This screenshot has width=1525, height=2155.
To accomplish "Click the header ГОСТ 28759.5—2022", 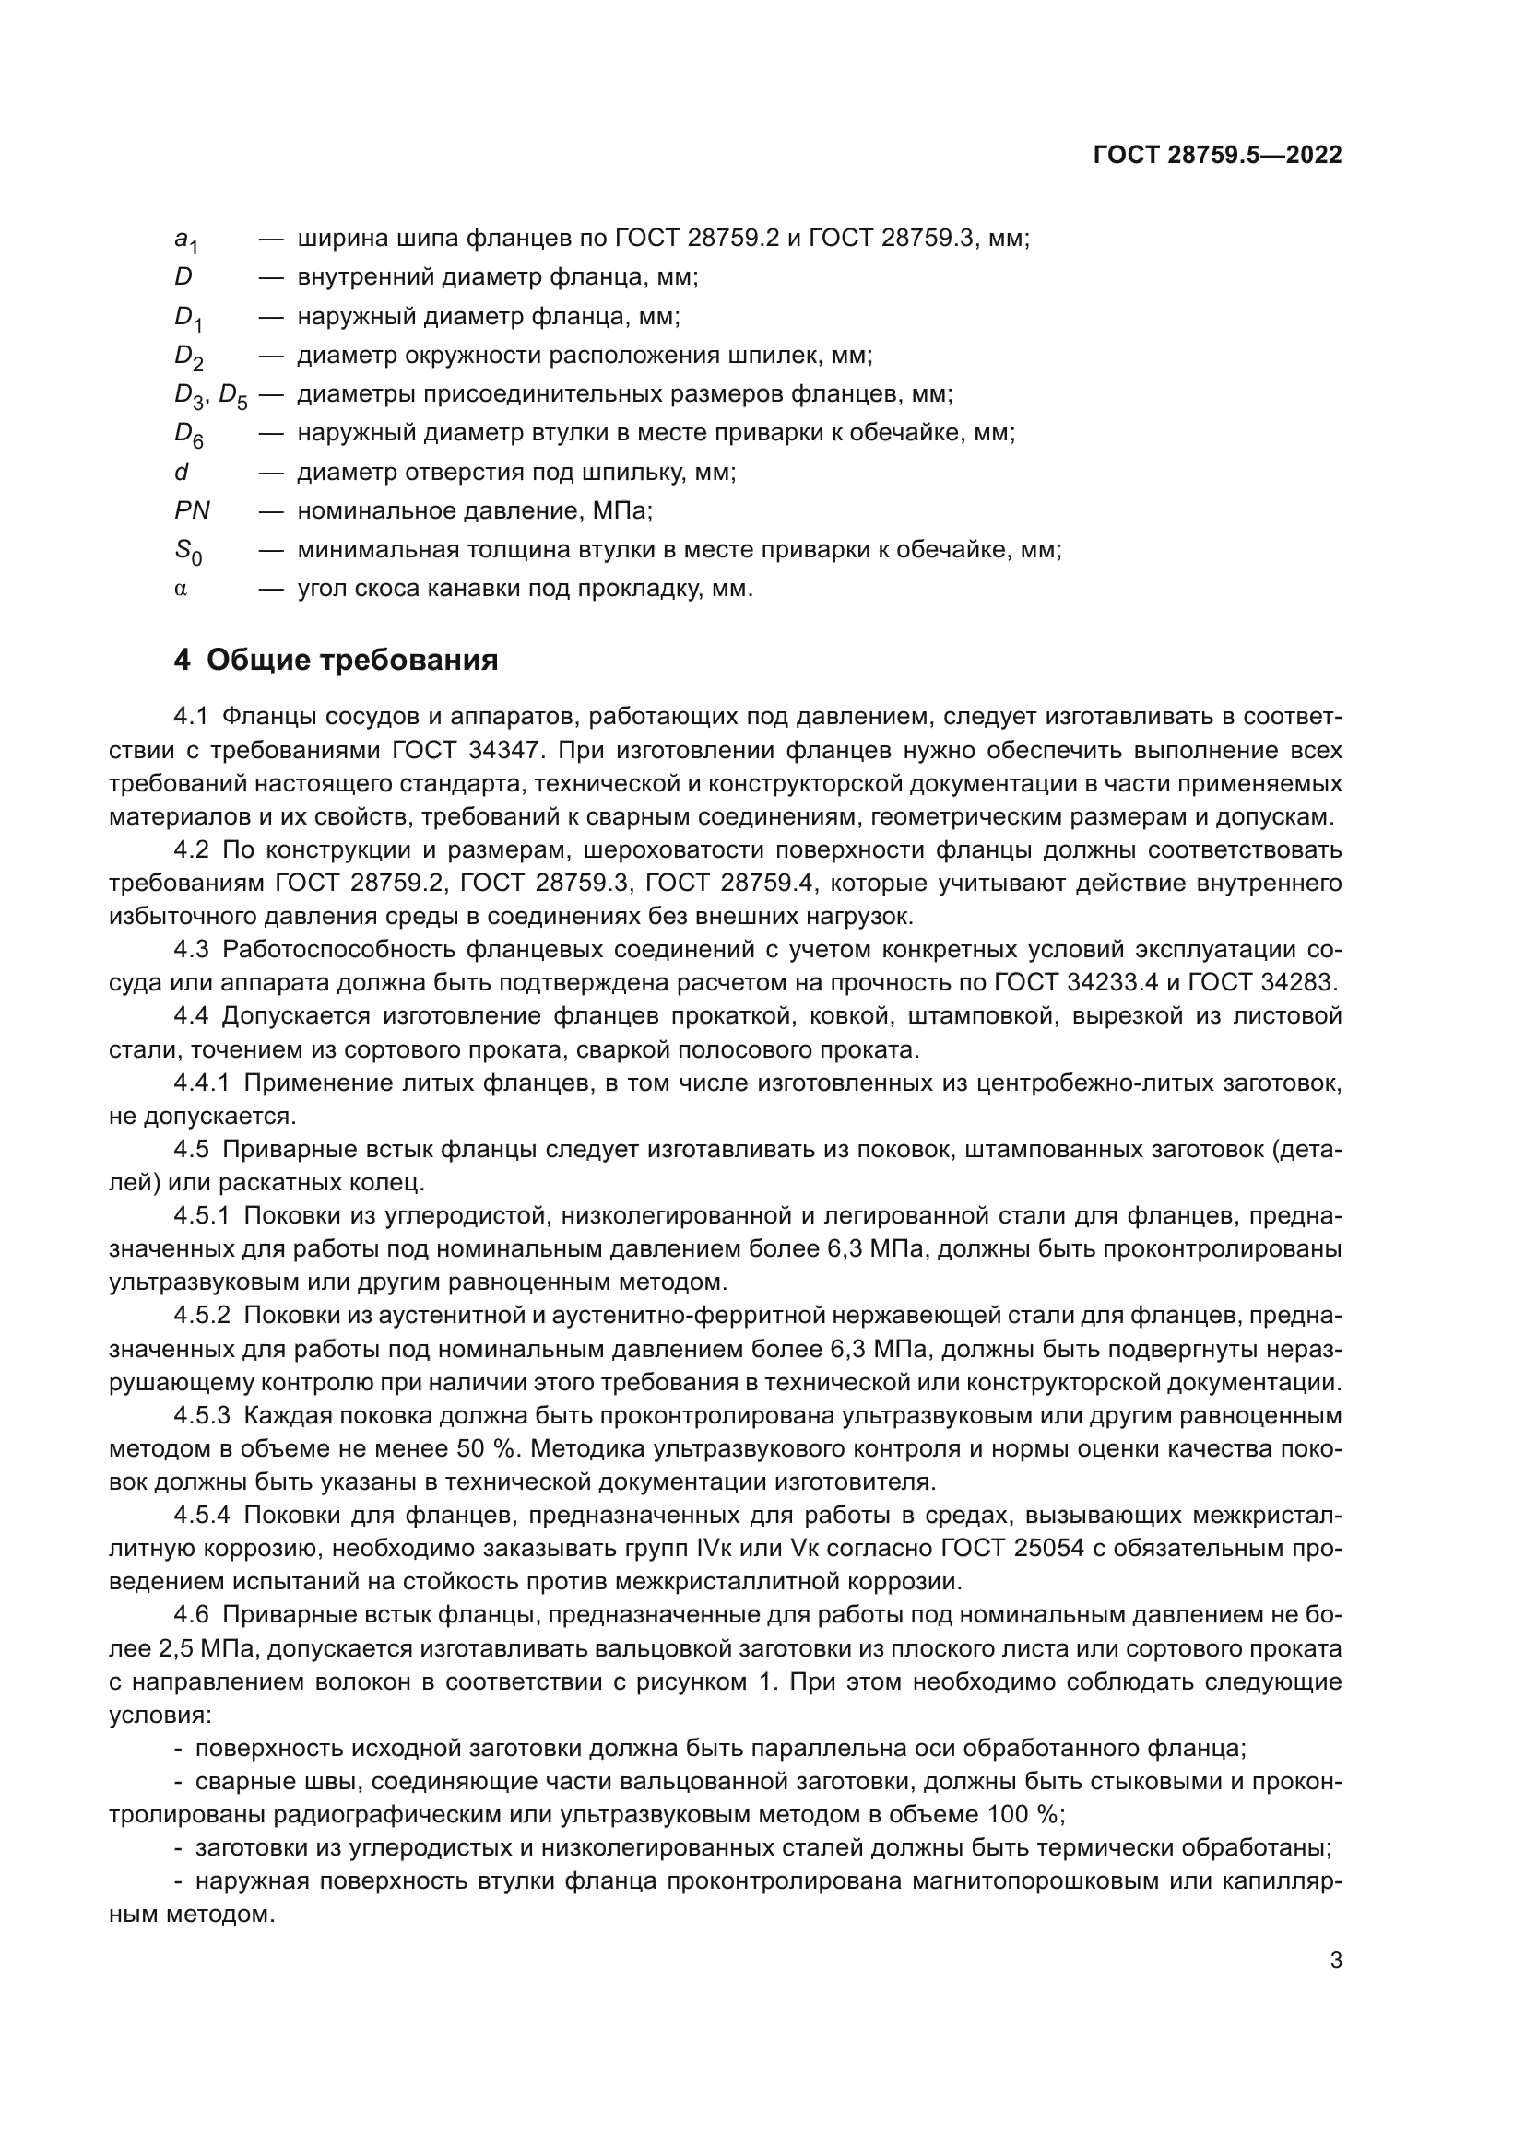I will point(1217,156).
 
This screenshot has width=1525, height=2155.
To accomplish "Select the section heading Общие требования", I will point(351,661).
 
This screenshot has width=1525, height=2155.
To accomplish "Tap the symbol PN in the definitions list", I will point(193,510).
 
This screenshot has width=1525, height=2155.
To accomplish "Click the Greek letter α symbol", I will point(182,590).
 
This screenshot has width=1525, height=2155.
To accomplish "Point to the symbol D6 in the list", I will point(189,435).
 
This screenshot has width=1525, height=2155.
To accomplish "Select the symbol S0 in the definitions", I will point(188,551).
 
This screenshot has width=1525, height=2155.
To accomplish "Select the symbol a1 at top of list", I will point(186,241).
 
